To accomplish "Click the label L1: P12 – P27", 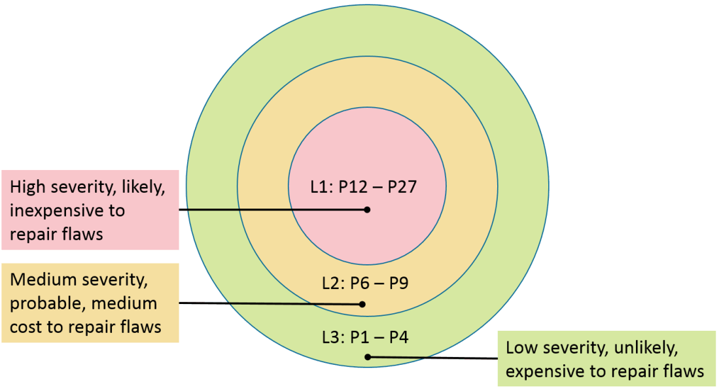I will coord(363,187).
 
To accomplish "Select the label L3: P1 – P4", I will coord(365,338).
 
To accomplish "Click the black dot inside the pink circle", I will coord(368,210).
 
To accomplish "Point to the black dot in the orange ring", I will coord(362,304).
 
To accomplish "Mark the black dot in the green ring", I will coord(368,357).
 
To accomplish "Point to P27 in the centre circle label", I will coord(402,187).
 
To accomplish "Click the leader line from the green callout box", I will coord(432,358).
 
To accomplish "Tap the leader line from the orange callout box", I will coord(268,303).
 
